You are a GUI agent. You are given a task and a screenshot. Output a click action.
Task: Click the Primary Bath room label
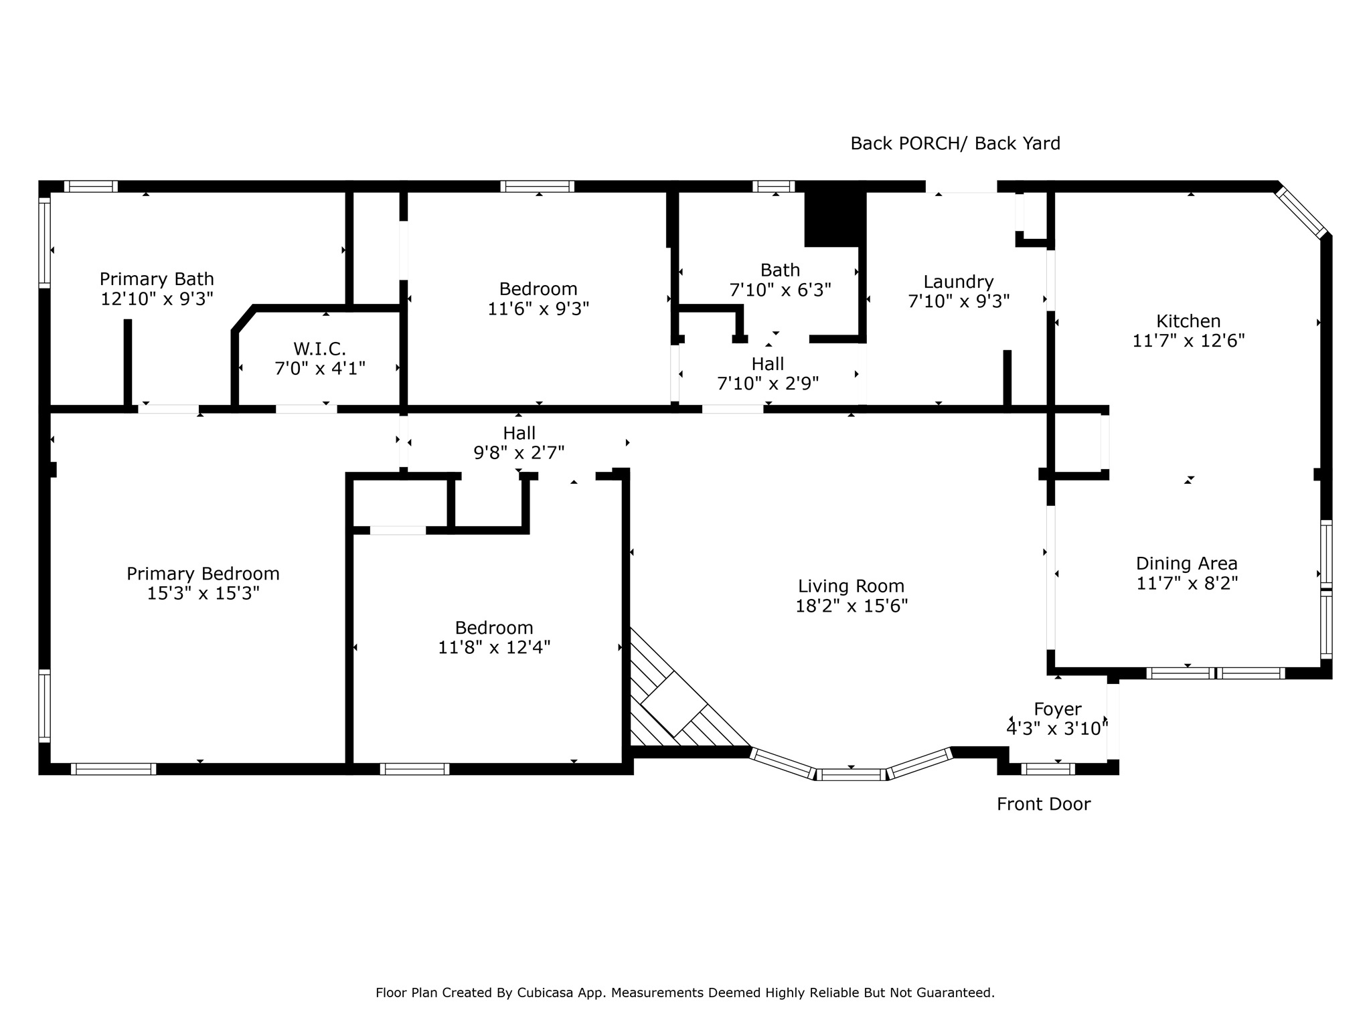(157, 279)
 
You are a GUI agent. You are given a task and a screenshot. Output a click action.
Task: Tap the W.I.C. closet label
(319, 349)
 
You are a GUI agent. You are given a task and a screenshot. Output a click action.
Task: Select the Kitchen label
(1188, 321)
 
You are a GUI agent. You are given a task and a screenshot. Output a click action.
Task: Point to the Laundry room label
(958, 282)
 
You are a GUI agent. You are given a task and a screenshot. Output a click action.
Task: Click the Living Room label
(851, 586)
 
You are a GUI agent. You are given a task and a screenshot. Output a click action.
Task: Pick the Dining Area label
(1187, 564)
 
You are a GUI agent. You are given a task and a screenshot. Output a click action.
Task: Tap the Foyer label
(1058, 709)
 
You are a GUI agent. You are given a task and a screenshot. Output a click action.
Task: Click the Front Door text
(1044, 804)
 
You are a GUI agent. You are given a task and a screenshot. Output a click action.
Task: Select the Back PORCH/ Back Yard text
(955, 143)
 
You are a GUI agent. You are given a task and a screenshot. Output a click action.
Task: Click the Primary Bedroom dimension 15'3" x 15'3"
(203, 594)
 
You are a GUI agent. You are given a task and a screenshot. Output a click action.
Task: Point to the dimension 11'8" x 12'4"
(494, 648)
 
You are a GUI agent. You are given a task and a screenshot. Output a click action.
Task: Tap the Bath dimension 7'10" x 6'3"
(780, 290)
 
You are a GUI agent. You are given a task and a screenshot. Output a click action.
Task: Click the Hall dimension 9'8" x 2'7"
(519, 453)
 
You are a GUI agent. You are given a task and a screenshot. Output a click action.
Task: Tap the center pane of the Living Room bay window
(851, 774)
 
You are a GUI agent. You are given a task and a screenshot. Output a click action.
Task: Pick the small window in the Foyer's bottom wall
(1048, 769)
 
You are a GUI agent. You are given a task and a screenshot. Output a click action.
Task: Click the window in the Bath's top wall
(773, 186)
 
